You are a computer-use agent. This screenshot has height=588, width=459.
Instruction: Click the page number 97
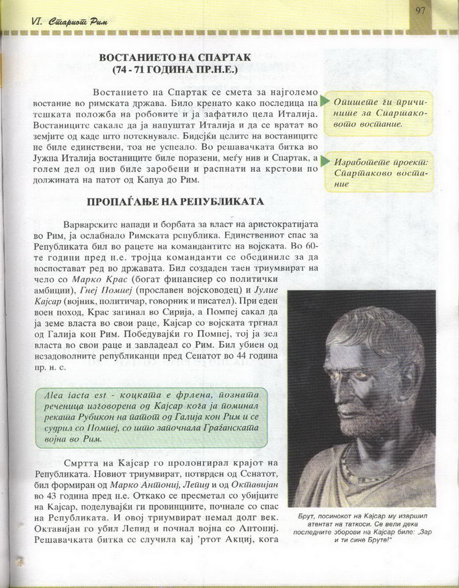[421, 9]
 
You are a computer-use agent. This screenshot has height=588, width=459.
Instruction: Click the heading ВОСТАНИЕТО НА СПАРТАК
[175, 58]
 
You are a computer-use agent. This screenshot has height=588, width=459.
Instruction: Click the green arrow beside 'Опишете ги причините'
[325, 101]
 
